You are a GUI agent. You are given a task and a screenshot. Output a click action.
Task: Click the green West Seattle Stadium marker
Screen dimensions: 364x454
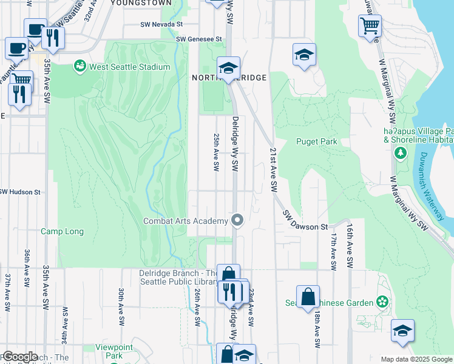coord(80,66)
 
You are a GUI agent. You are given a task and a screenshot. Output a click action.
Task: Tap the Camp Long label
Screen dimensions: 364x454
coord(62,231)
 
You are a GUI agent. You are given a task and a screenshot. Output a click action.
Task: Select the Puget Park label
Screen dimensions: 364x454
coord(316,141)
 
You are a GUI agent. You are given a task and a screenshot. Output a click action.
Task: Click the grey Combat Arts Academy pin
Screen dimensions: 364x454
coord(237,220)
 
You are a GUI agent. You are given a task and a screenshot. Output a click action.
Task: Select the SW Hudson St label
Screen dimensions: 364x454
coord(19,192)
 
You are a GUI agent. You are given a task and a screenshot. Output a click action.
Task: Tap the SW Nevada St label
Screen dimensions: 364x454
coord(163,25)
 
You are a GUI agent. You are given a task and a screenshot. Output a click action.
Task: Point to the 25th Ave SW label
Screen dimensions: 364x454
coord(215,153)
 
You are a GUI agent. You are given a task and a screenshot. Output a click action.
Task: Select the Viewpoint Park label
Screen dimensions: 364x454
coord(110,351)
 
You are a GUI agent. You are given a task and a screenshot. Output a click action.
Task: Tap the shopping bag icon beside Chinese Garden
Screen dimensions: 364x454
coord(308,296)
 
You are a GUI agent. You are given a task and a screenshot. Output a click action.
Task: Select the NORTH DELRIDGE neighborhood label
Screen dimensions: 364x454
coord(229,78)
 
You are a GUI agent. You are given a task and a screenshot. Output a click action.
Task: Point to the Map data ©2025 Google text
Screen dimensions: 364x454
coord(416,359)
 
